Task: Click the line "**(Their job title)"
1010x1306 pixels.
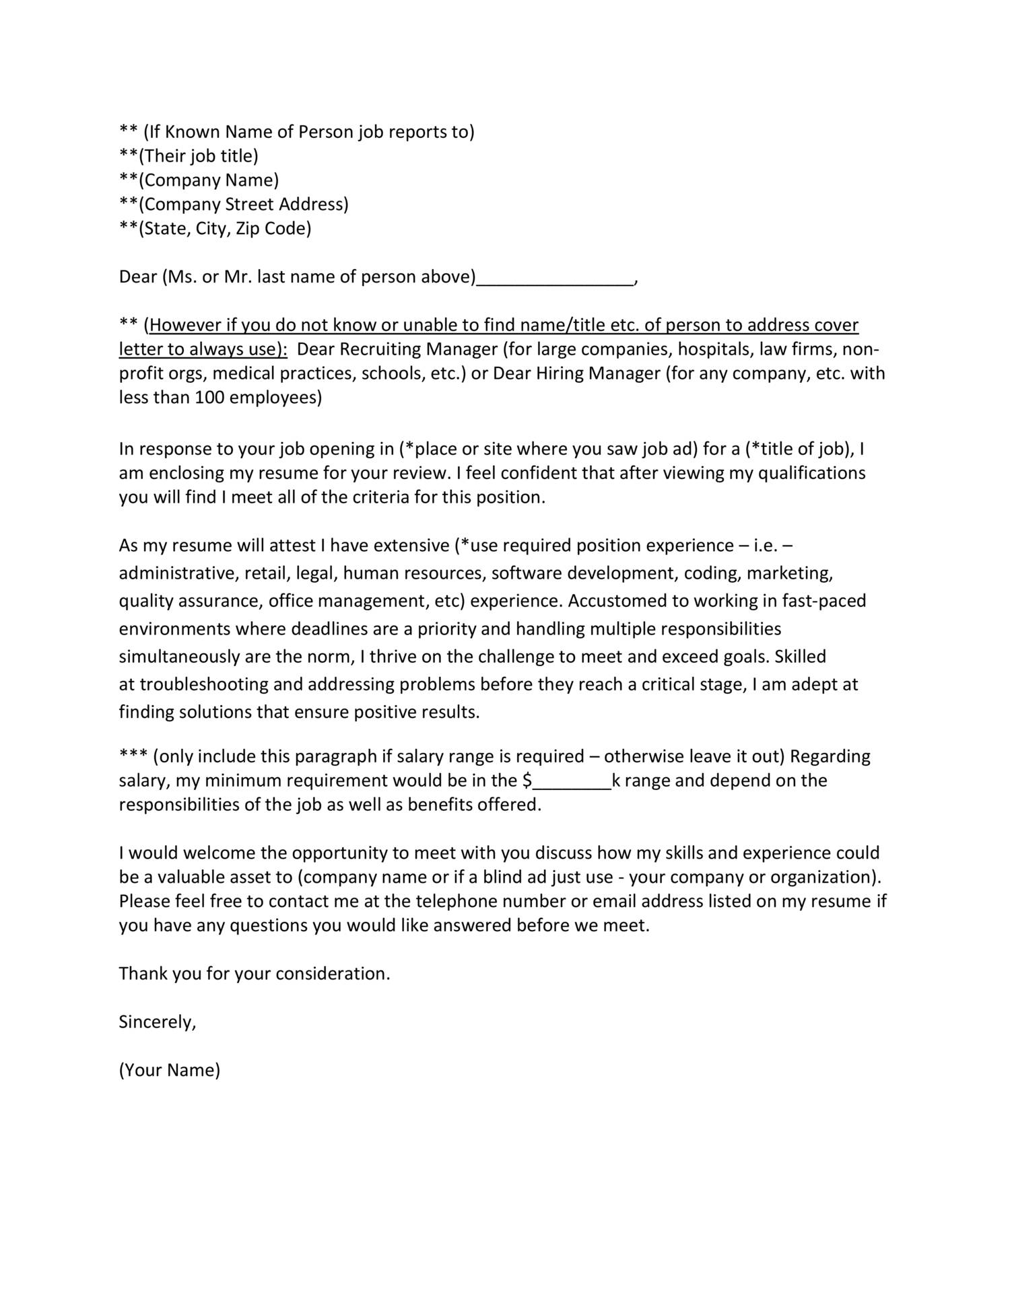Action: [189, 156]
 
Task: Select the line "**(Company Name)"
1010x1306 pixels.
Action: [199, 180]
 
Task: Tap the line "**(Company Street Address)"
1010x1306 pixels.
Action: [234, 205]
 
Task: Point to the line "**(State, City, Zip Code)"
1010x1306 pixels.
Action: [215, 229]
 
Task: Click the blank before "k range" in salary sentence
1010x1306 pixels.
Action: [572, 782]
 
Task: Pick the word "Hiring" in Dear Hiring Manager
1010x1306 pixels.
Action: [560, 374]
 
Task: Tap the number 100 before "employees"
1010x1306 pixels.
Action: [209, 398]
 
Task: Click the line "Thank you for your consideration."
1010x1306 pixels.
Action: [255, 974]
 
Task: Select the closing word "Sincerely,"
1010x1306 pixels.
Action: [158, 1023]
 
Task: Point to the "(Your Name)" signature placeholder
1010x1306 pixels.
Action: [170, 1071]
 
